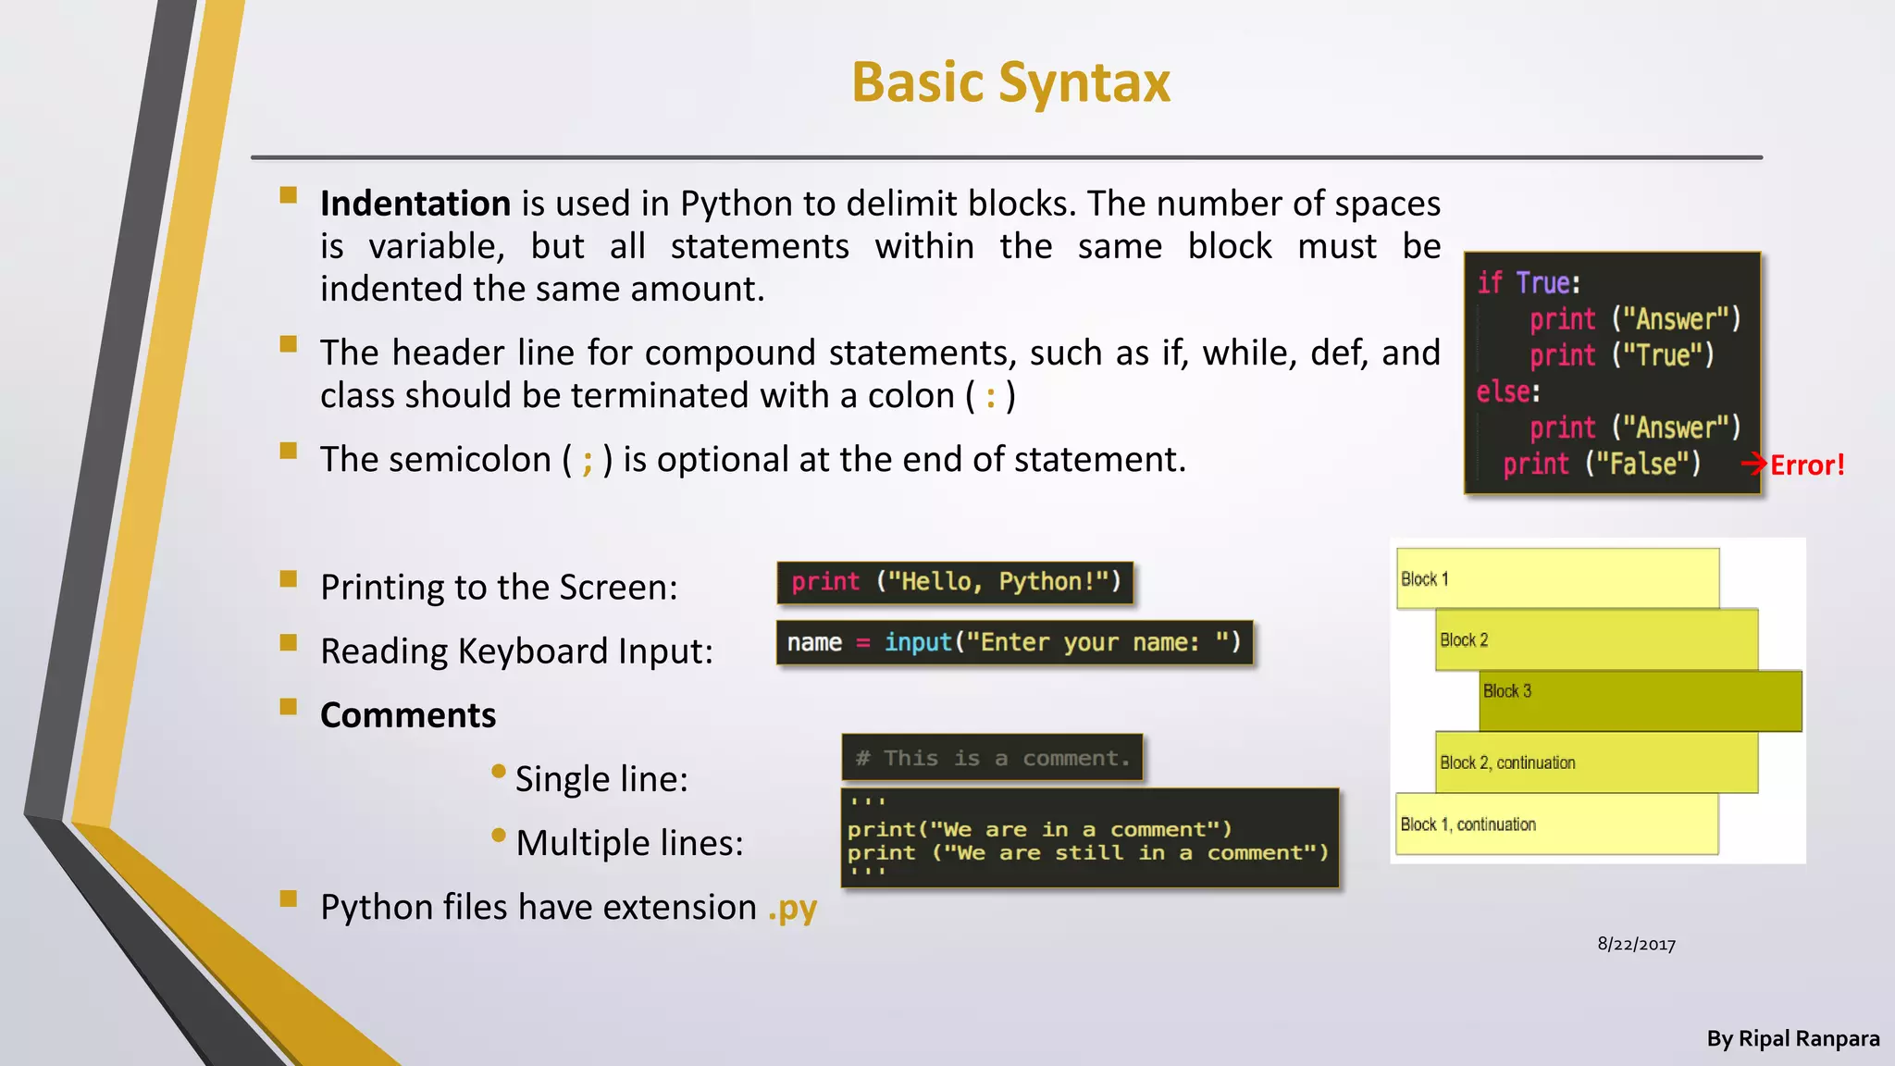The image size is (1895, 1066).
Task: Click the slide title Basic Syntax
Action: click(1010, 82)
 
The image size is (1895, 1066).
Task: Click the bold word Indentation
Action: click(415, 204)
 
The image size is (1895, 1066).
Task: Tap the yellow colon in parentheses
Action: click(991, 397)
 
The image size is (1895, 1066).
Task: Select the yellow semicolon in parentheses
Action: click(588, 461)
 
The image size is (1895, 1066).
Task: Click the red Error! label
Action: click(1807, 465)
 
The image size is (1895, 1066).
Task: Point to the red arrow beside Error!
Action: click(1754, 464)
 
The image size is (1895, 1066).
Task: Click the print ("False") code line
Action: click(1602, 464)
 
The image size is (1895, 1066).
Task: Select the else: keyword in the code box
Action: click(1508, 391)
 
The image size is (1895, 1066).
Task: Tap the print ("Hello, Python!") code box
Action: click(955, 582)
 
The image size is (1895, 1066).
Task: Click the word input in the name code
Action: click(918, 642)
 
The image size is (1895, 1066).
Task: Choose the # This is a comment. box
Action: click(992, 758)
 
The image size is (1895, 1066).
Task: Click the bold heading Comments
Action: click(408, 715)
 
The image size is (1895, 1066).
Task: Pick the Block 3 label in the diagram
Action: click(1507, 691)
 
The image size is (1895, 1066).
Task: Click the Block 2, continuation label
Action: click(1507, 762)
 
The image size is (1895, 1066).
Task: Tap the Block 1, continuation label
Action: click(1468, 824)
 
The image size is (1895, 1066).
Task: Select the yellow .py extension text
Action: click(792, 908)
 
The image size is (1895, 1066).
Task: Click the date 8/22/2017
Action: click(1636, 944)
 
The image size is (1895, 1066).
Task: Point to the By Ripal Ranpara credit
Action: click(1792, 1038)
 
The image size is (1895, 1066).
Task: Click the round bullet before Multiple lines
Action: click(499, 836)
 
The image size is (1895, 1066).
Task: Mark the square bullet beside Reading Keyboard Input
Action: click(289, 642)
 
